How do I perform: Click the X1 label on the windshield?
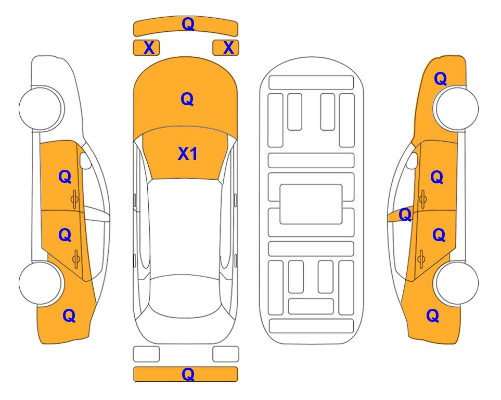(188, 154)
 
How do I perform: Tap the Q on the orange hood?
(187, 99)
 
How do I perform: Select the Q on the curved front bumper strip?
(188, 24)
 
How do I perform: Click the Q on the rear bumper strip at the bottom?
(188, 374)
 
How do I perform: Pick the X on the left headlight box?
(149, 48)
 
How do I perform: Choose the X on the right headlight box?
(228, 48)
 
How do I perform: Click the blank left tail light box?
(146, 354)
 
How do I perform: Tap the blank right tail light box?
(226, 354)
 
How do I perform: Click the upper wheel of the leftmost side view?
(41, 108)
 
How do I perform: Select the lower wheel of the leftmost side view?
(41, 283)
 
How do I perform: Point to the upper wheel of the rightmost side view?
(456, 108)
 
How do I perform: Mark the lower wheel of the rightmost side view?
(456, 283)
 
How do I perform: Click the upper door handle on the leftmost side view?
(75, 199)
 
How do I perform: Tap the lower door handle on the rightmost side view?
(421, 259)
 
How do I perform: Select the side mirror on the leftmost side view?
(85, 160)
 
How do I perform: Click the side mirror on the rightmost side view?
(412, 160)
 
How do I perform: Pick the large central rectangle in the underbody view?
(311, 204)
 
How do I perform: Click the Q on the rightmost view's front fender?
(440, 79)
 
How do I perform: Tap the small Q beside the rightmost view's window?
(405, 215)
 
